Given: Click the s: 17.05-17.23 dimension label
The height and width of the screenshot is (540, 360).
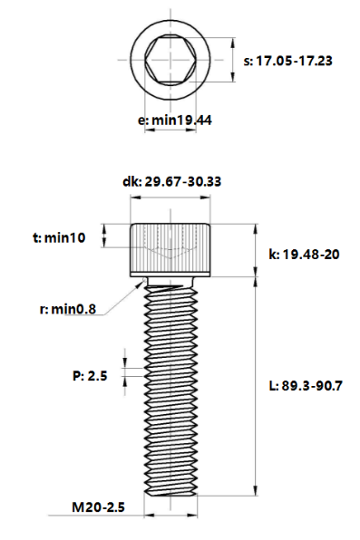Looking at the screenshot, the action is pyautogui.click(x=287, y=61).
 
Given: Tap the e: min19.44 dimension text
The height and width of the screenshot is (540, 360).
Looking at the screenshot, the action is pyautogui.click(x=174, y=121).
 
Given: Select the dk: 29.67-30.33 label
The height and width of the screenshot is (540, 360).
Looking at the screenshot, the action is pyautogui.click(x=171, y=181).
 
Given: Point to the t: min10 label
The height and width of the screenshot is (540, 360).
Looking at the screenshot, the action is pyautogui.click(x=59, y=237).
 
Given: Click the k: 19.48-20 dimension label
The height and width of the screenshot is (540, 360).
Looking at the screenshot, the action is pyautogui.click(x=304, y=255).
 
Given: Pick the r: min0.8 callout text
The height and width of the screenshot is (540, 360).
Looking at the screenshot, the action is pyautogui.click(x=68, y=309).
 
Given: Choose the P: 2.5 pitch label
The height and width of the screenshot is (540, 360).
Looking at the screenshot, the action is pyautogui.click(x=90, y=375).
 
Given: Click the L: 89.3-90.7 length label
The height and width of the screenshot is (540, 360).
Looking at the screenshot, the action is pyautogui.click(x=306, y=386).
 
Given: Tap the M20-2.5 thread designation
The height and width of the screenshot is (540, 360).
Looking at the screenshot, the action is pyautogui.click(x=98, y=507).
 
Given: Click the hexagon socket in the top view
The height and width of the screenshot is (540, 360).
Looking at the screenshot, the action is pyautogui.click(x=170, y=60).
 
